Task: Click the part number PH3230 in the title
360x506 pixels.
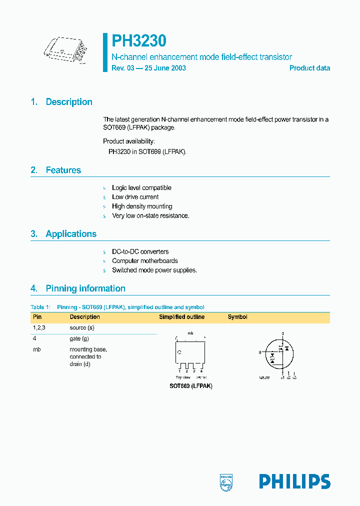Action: click(x=139, y=41)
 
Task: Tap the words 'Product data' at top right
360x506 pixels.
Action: click(x=309, y=68)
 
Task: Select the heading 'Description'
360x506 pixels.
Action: click(x=69, y=102)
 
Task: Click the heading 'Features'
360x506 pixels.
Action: click(x=63, y=170)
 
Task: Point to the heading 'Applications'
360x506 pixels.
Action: click(x=71, y=234)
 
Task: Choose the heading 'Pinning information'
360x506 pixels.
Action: click(x=85, y=288)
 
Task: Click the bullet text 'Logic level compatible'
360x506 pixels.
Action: click(x=141, y=188)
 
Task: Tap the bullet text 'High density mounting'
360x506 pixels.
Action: click(x=142, y=206)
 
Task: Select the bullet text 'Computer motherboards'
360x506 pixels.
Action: click(x=144, y=261)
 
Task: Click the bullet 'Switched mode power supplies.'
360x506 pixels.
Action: click(x=154, y=270)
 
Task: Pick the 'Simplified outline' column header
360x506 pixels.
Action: click(x=181, y=317)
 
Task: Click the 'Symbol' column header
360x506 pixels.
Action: click(x=237, y=317)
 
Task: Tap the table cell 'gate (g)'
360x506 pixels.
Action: click(x=79, y=338)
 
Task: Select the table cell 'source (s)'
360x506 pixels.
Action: click(x=82, y=327)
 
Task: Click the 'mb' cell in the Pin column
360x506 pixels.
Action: click(x=36, y=349)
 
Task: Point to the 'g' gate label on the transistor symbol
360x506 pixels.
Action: click(x=260, y=352)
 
